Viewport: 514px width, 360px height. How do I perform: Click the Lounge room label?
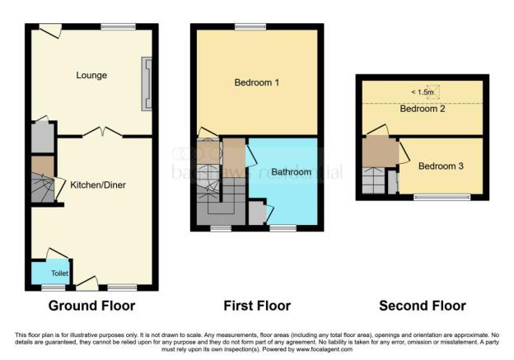[x=92, y=76]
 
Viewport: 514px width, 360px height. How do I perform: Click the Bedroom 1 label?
[x=256, y=82]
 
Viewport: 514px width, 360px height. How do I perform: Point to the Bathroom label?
[x=291, y=172]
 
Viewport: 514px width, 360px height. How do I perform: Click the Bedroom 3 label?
[x=440, y=166]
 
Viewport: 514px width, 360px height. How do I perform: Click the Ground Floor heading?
[x=91, y=306]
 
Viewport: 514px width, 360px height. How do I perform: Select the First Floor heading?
[x=257, y=306]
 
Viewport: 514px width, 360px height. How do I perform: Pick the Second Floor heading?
[x=422, y=306]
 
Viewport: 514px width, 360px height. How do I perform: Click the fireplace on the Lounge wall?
[x=147, y=83]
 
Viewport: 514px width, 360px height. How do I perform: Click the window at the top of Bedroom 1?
[x=244, y=27]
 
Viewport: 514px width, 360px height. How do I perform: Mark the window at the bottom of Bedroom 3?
[x=437, y=197]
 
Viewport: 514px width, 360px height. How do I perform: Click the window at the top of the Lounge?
[x=113, y=27]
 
